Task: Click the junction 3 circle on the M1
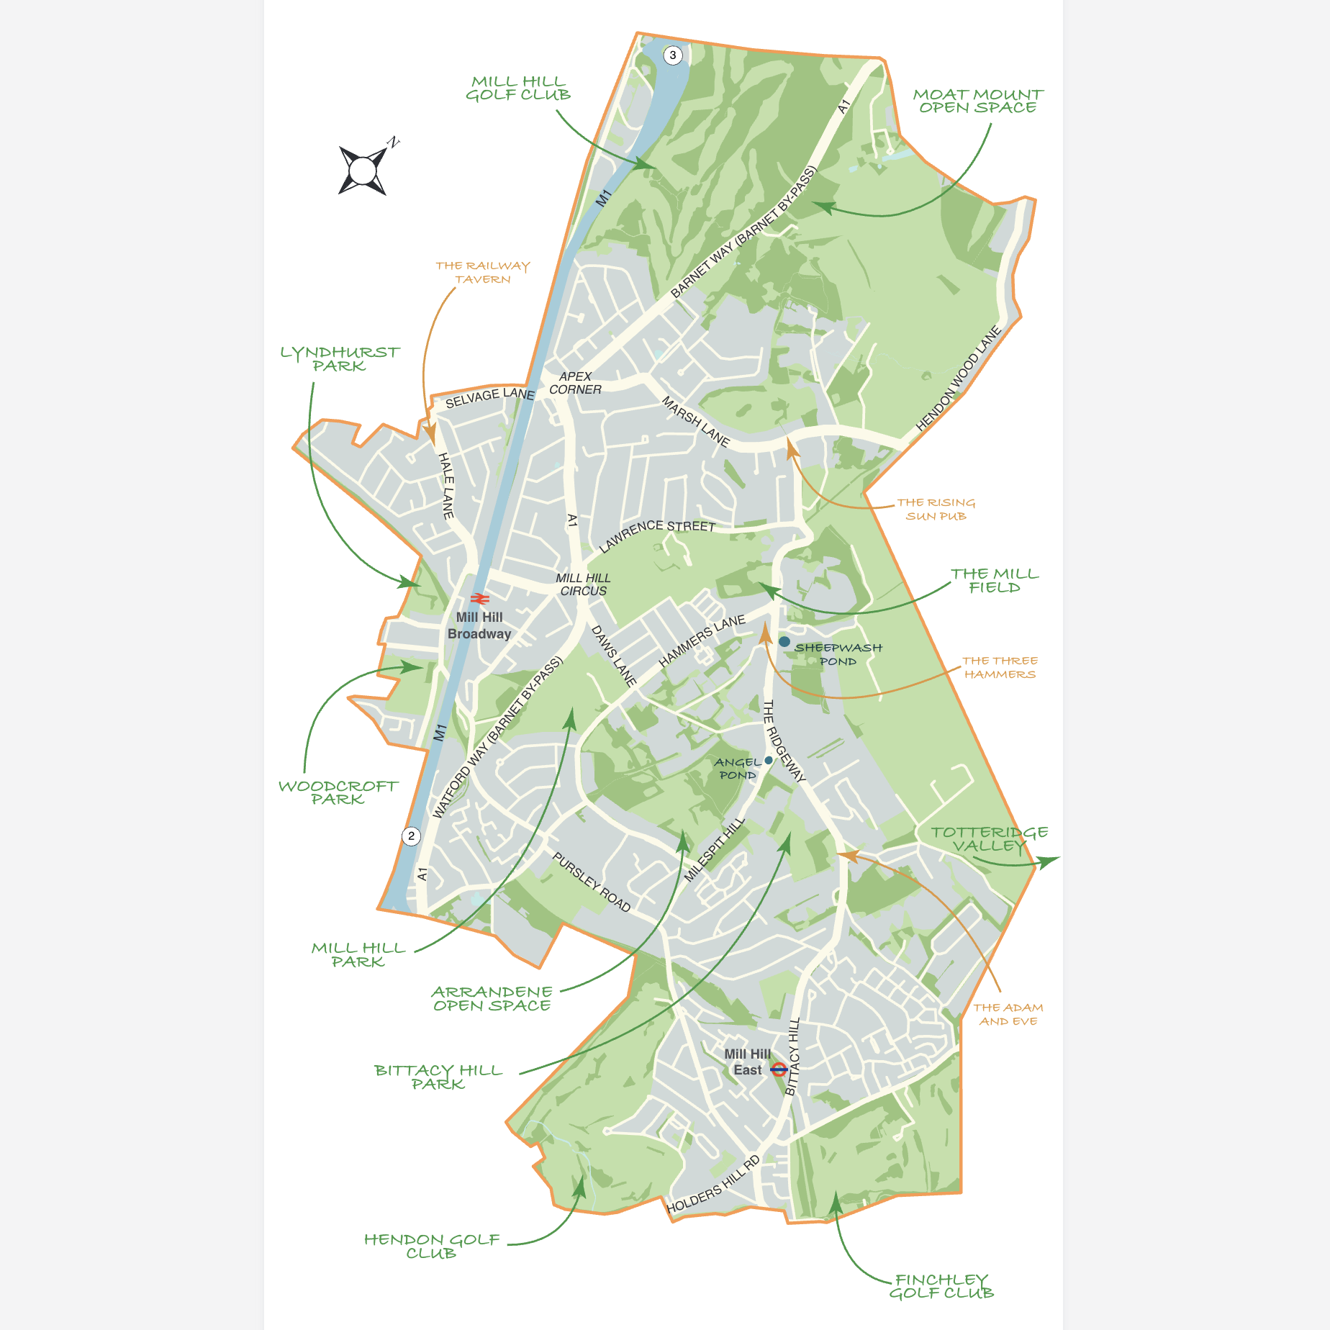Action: point(673,55)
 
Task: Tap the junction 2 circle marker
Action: point(411,836)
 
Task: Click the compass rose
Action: point(363,171)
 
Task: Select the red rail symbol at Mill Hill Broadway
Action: point(480,599)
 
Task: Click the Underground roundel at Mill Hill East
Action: point(779,1069)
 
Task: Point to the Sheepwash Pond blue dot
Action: point(784,641)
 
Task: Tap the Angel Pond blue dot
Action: point(769,760)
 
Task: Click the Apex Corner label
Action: point(575,383)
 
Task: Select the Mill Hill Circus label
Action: point(583,584)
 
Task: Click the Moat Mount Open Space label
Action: point(977,101)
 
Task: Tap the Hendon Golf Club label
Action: point(431,1246)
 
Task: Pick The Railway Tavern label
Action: point(482,272)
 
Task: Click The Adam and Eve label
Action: point(1008,1014)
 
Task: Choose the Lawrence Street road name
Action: point(656,532)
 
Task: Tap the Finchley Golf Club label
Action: point(941,1286)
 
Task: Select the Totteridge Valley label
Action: point(989,839)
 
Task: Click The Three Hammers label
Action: point(1000,667)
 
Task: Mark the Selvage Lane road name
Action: point(489,397)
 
